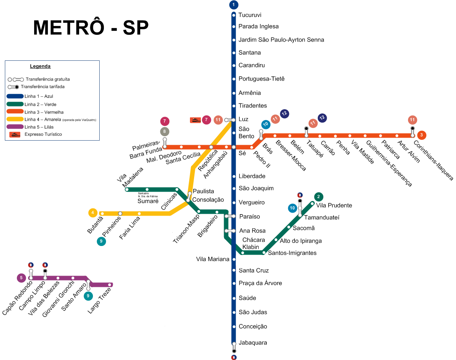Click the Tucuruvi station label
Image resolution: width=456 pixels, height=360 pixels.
click(x=250, y=15)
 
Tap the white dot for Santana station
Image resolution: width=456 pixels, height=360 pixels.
click(x=234, y=53)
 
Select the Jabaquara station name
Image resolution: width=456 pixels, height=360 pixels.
click(x=253, y=343)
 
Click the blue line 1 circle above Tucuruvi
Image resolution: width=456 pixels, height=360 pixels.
click(x=233, y=4)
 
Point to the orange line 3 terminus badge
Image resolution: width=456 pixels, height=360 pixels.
click(x=422, y=135)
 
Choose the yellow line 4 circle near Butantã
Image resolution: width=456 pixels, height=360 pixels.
click(x=93, y=213)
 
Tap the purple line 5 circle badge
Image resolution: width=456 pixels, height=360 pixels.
click(x=21, y=278)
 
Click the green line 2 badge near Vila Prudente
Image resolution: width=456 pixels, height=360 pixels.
click(x=318, y=196)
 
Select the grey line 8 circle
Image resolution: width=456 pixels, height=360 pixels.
click(x=164, y=132)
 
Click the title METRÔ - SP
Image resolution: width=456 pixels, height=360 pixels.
click(x=91, y=28)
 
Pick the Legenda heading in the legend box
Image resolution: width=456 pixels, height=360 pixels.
click(x=40, y=66)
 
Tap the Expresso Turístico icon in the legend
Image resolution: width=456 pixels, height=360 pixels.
click(x=15, y=135)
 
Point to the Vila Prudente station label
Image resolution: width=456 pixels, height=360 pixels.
click(x=334, y=205)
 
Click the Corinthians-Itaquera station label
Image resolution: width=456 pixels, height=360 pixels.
click(x=433, y=160)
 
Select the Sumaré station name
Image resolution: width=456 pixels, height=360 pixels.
click(x=148, y=201)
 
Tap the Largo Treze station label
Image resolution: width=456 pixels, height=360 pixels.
click(x=99, y=301)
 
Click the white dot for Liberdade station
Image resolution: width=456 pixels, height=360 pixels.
click(x=234, y=177)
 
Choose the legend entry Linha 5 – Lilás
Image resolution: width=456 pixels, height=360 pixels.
click(x=39, y=127)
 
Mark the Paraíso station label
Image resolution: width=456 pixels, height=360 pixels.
click(x=250, y=217)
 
